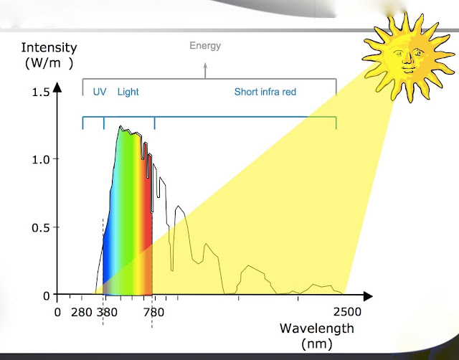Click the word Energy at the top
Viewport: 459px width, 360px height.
coord(205,46)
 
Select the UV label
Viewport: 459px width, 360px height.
coord(100,92)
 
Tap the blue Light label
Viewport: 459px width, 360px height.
coord(128,92)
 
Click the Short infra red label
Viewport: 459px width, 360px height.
coord(265,92)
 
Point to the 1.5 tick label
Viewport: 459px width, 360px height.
coord(41,93)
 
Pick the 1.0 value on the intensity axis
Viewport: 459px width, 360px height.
coord(41,160)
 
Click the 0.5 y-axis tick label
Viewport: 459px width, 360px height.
coord(41,228)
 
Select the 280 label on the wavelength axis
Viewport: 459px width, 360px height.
coord(81,312)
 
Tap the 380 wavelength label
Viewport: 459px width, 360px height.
coord(107,312)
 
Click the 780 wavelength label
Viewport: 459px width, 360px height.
coord(153,312)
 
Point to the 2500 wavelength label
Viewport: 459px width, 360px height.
coord(347,312)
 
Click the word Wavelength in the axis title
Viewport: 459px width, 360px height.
coord(317,328)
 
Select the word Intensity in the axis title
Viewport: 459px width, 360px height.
coord(49,48)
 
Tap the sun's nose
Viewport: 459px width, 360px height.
coord(407,58)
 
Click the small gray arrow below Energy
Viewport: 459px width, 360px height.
coord(205,70)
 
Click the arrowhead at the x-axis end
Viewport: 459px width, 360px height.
coord(368,296)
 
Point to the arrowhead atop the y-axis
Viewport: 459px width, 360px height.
coord(57,87)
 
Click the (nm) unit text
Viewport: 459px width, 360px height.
coord(317,344)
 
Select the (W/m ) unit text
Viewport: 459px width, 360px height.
coord(49,63)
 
